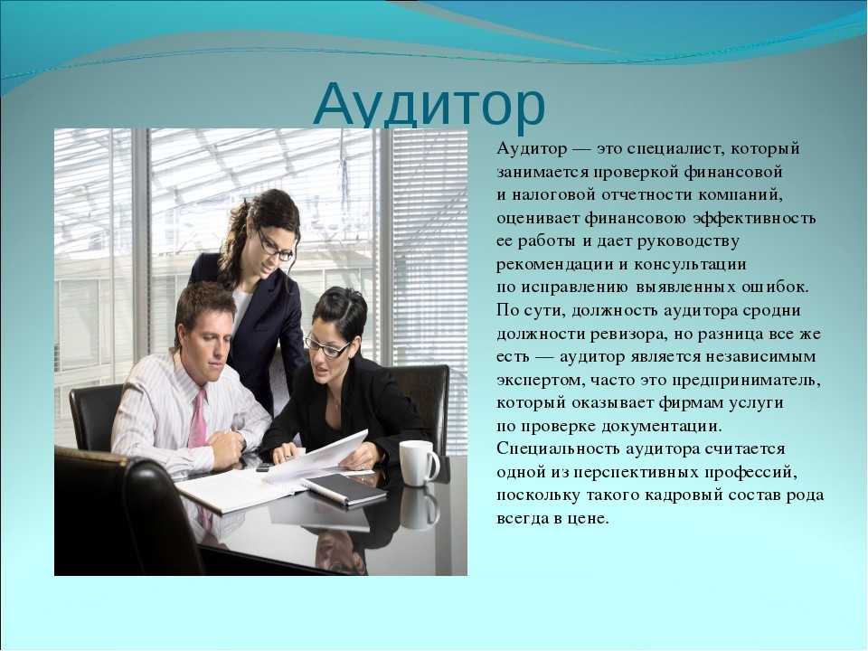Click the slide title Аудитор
429,105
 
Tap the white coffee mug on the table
419,463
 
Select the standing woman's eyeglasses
275,247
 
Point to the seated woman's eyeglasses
327,346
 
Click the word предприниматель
746,381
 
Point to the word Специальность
558,449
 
